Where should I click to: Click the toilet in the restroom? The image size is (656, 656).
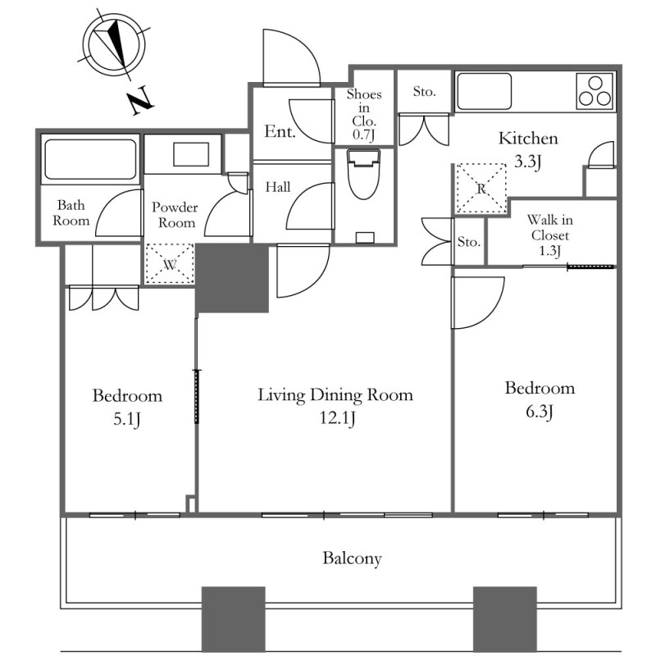(364, 175)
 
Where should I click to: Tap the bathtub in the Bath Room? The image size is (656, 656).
(90, 159)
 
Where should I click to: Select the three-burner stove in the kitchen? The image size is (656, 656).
(595, 92)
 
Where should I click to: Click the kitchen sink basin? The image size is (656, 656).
(484, 92)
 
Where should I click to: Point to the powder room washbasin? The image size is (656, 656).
(191, 154)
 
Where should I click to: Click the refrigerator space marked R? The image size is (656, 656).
(481, 189)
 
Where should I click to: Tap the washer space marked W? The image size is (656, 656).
(170, 264)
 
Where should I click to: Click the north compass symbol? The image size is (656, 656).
(113, 45)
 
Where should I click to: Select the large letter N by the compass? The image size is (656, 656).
(140, 100)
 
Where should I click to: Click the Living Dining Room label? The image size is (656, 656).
(335, 395)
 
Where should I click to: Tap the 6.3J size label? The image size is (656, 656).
(540, 412)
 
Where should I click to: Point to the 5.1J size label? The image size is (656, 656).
(126, 419)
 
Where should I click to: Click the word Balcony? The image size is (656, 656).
(352, 558)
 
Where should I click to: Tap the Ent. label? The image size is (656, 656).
(280, 132)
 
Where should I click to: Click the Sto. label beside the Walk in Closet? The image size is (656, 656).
(468, 242)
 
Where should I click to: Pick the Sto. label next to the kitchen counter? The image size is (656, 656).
(424, 91)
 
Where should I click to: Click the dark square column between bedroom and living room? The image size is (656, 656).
(232, 278)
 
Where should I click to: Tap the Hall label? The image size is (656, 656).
(278, 187)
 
